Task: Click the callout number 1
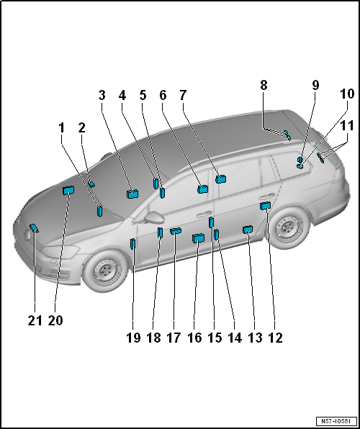[62, 128]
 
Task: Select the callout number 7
[183, 95]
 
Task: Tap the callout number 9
[315, 85]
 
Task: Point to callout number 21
[35, 320]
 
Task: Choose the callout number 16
[194, 338]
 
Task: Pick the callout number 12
[276, 338]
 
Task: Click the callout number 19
[133, 338]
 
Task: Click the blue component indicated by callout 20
[68, 190]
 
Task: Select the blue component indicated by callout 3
[132, 194]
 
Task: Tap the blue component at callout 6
[203, 189]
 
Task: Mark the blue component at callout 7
[220, 179]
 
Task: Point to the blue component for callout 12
[265, 205]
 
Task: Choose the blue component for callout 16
[198, 238]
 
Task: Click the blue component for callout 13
[248, 230]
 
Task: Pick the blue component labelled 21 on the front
[35, 228]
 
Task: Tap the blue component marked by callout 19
[132, 244]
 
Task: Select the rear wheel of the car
[288, 228]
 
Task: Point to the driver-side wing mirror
[155, 218]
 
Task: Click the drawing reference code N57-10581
[336, 420]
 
